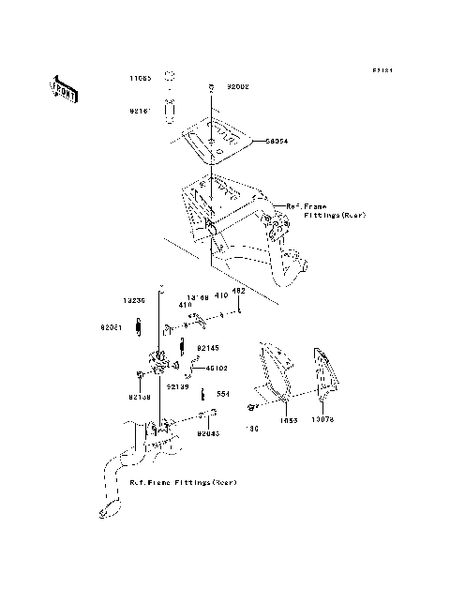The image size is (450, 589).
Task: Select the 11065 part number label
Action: click(141, 79)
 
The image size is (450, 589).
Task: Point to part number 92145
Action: click(207, 347)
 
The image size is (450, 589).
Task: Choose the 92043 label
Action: click(209, 433)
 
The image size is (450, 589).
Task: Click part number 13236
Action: click(135, 300)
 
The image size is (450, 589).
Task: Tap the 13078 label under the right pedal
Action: click(321, 420)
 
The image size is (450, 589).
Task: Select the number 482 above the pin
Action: click(239, 292)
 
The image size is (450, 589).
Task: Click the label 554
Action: click(223, 394)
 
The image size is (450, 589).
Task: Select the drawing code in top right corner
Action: click(380, 70)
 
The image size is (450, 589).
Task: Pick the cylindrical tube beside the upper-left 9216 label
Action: click(171, 110)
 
